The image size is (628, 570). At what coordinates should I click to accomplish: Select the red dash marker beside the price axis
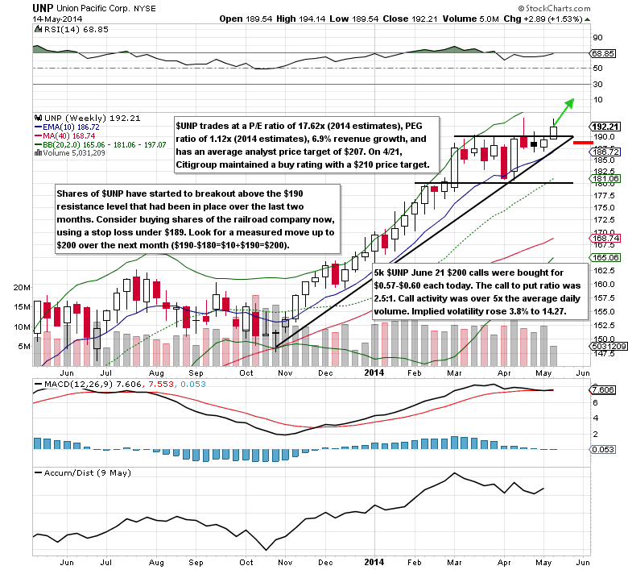pos(584,142)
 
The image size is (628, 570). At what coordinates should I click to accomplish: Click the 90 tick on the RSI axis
pos(598,37)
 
